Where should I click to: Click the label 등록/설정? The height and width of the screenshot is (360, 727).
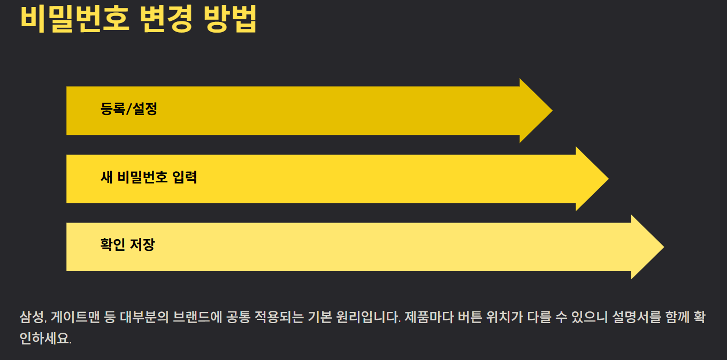128,109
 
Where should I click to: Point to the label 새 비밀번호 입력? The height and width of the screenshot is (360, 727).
149,177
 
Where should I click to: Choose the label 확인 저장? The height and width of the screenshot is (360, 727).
127,245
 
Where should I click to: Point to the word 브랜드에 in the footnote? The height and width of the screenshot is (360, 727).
197,317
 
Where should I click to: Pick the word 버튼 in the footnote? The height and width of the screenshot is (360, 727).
465,317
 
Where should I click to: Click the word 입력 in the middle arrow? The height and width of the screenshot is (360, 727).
185,177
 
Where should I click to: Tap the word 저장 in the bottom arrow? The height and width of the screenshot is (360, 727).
143,245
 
